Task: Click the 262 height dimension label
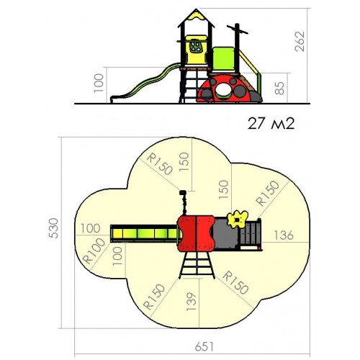[300, 42]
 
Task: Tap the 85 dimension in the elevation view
[279, 88]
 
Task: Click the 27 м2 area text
[271, 124]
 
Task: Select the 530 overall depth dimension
[53, 228]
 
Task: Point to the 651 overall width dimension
[204, 346]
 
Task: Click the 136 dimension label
[284, 235]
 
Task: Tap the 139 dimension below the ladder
[192, 302]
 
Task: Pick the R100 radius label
[94, 251]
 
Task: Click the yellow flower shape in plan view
[238, 219]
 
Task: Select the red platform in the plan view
[196, 233]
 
